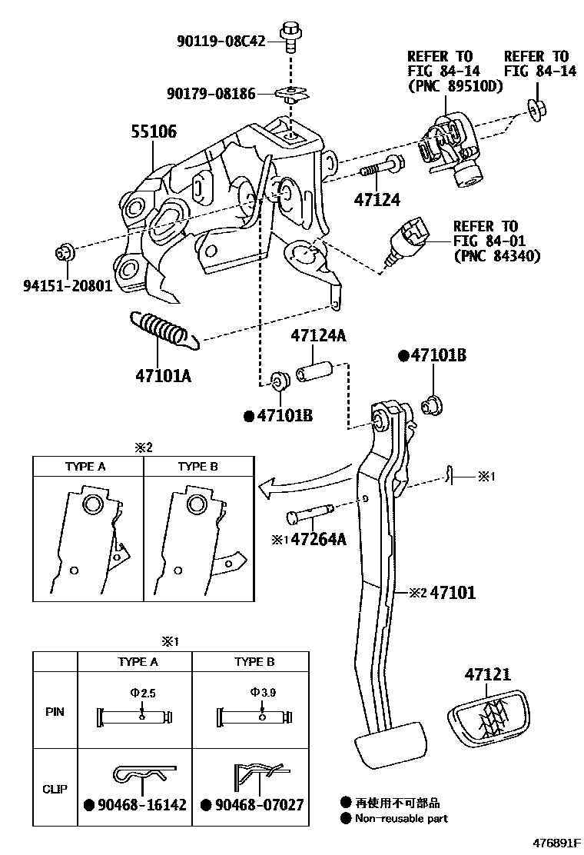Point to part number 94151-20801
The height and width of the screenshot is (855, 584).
pyautogui.click(x=65, y=287)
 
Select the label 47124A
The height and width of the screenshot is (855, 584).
pyautogui.click(x=317, y=336)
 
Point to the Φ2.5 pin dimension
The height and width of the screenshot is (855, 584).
pyautogui.click(x=143, y=693)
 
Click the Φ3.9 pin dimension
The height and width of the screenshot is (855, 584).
pyautogui.click(x=263, y=693)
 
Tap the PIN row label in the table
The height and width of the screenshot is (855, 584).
pyautogui.click(x=55, y=712)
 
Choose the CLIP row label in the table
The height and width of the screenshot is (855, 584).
pyautogui.click(x=55, y=788)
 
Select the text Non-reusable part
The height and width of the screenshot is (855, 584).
pyautogui.click(x=400, y=819)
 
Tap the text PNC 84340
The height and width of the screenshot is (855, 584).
pyautogui.click(x=496, y=256)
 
